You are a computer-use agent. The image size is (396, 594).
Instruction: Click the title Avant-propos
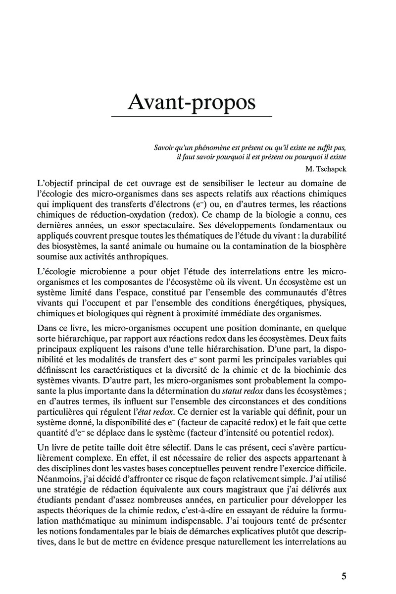pos(192,101)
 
